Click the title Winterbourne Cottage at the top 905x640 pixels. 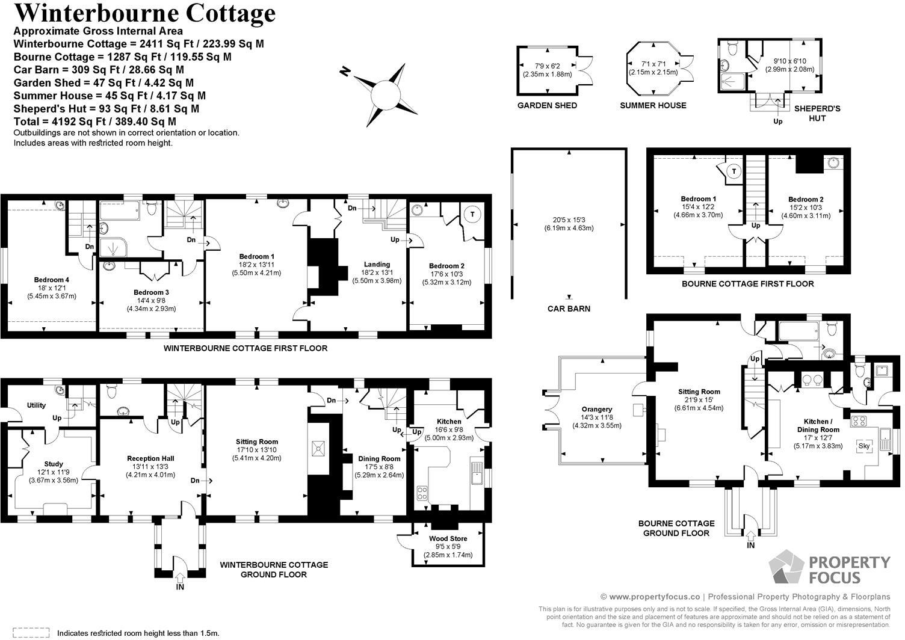click(x=144, y=13)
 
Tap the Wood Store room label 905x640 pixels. click(x=448, y=538)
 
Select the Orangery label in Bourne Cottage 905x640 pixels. click(x=596, y=409)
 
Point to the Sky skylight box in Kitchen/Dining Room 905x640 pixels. click(x=864, y=446)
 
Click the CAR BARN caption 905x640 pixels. click(x=569, y=309)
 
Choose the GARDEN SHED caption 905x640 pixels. click(x=547, y=105)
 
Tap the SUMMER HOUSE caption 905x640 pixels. click(x=653, y=105)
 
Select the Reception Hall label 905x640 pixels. click(x=150, y=458)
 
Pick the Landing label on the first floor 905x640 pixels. click(x=377, y=264)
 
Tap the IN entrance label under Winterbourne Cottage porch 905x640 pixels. click(x=180, y=586)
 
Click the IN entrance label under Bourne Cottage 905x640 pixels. click(x=750, y=545)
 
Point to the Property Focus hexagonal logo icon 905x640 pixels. click(x=786, y=567)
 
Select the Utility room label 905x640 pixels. click(x=36, y=405)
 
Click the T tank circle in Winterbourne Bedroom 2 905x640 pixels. click(x=472, y=215)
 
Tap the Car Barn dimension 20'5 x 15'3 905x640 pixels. click(x=569, y=220)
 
